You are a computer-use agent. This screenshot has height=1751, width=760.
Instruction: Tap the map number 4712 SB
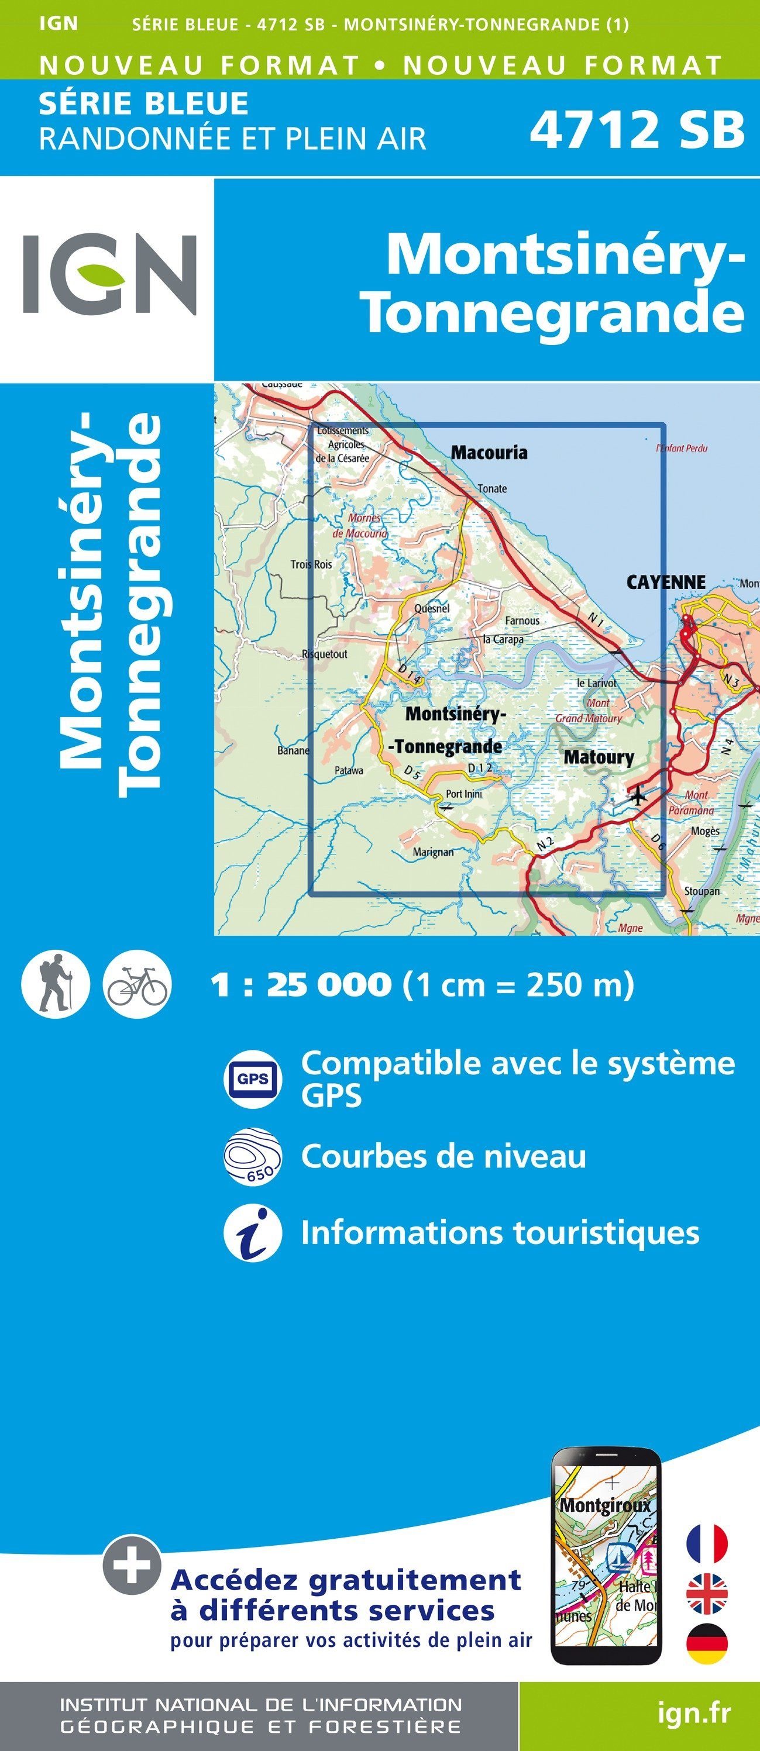[637, 130]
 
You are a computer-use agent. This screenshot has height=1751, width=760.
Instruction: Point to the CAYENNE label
[665, 582]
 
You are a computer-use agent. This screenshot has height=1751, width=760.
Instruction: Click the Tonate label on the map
[491, 488]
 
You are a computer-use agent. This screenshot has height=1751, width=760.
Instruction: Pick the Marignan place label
[432, 852]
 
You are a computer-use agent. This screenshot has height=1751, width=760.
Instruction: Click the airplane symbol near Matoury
[637, 795]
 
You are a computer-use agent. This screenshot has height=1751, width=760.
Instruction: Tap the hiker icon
[55, 984]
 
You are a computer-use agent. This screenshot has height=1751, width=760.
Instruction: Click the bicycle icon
[137, 984]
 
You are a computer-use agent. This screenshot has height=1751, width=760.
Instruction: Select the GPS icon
[252, 1079]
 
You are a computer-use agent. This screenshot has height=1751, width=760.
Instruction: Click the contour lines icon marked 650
[252, 1156]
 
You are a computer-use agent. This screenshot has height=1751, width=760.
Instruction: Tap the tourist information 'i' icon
[252, 1233]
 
